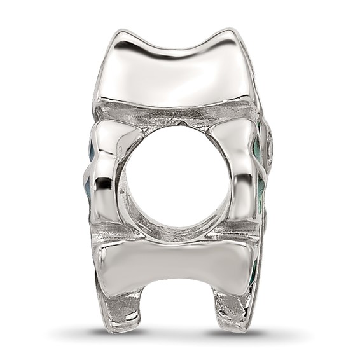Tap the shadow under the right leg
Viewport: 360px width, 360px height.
point(235,333)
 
